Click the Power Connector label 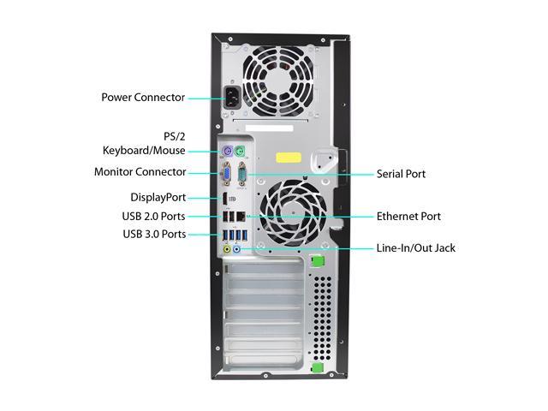[143, 97]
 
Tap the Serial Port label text [401, 174]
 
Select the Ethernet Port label [408, 217]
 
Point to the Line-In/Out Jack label [416, 248]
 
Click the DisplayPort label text [158, 198]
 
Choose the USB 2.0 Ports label [154, 217]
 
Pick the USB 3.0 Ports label [154, 234]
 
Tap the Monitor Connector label [140, 172]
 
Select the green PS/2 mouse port [240, 152]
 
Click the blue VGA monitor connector [227, 174]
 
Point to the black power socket [232, 98]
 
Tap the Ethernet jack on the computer [241, 217]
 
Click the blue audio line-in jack [236, 249]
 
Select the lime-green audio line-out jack [227, 249]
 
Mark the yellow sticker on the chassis [289, 158]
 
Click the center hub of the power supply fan [279, 81]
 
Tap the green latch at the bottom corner [318, 367]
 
